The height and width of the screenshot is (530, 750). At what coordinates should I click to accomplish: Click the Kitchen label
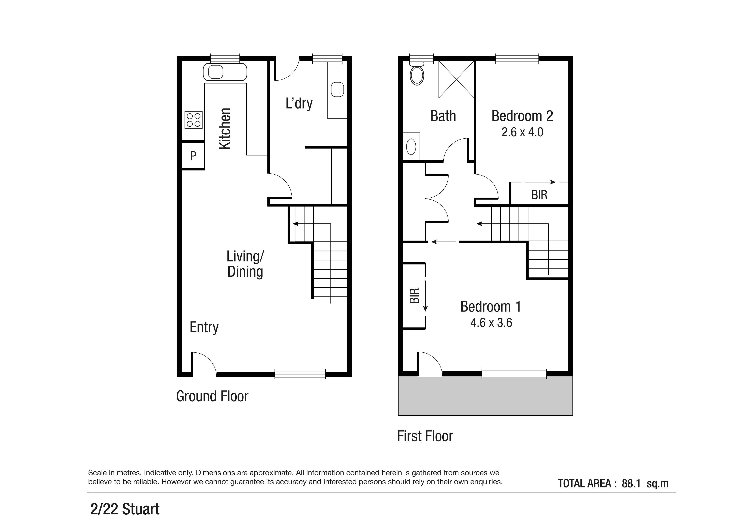225,129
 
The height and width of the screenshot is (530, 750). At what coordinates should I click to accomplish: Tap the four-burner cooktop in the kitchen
193,120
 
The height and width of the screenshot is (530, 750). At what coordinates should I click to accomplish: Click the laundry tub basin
337,90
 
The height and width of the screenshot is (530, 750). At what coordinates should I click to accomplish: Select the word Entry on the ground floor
204,327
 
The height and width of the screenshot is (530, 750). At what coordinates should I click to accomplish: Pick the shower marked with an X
456,79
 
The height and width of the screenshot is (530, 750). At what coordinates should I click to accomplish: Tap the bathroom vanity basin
411,147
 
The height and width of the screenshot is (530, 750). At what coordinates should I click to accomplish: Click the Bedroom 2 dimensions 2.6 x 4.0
522,132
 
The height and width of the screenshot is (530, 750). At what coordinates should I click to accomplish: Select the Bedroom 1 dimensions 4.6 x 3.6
491,323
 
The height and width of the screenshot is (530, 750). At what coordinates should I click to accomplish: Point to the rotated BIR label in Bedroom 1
414,296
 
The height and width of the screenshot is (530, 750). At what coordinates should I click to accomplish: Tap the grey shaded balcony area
485,396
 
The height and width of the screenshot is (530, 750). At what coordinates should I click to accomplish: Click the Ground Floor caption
212,396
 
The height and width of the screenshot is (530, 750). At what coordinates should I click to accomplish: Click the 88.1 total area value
631,483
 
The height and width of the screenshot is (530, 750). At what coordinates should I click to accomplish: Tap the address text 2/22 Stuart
125,509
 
